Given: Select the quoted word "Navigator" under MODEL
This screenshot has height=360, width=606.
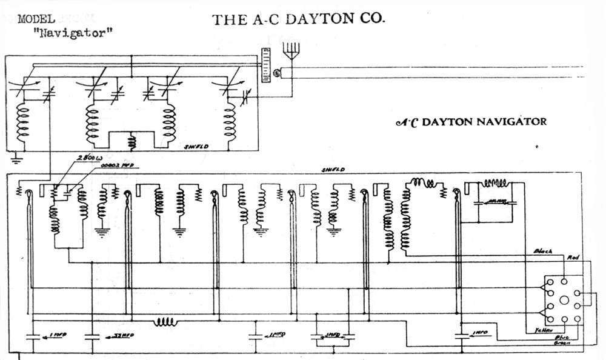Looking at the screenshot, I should pyautogui.click(x=74, y=33).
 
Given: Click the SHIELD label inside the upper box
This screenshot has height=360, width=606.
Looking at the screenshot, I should pyautogui.click(x=197, y=147).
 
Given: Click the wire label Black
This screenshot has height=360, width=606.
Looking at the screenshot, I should pyautogui.click(x=542, y=251).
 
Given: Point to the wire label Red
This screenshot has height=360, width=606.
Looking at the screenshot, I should pyautogui.click(x=573, y=257).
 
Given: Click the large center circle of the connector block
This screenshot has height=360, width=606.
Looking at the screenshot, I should pyautogui.click(x=564, y=299).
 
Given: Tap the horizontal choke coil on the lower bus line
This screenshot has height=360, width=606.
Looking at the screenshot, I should pyautogui.click(x=165, y=321).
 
